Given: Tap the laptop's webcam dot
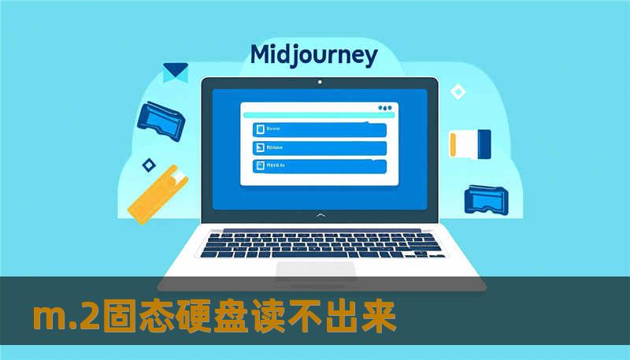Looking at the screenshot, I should [319, 82].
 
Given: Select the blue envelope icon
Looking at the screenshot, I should [175, 72].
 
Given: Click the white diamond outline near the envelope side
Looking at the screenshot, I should [458, 92].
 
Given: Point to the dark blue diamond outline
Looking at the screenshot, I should [147, 165].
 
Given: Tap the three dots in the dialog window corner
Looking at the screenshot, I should [384, 107].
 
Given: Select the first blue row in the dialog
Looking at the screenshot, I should [319, 129].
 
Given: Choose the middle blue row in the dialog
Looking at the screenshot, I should [319, 147].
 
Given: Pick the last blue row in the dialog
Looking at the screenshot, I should [319, 165].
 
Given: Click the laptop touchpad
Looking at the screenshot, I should [315, 269].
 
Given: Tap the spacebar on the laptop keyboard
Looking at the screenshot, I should [315, 254].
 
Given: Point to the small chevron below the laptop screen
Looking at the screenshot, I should [319, 214].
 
